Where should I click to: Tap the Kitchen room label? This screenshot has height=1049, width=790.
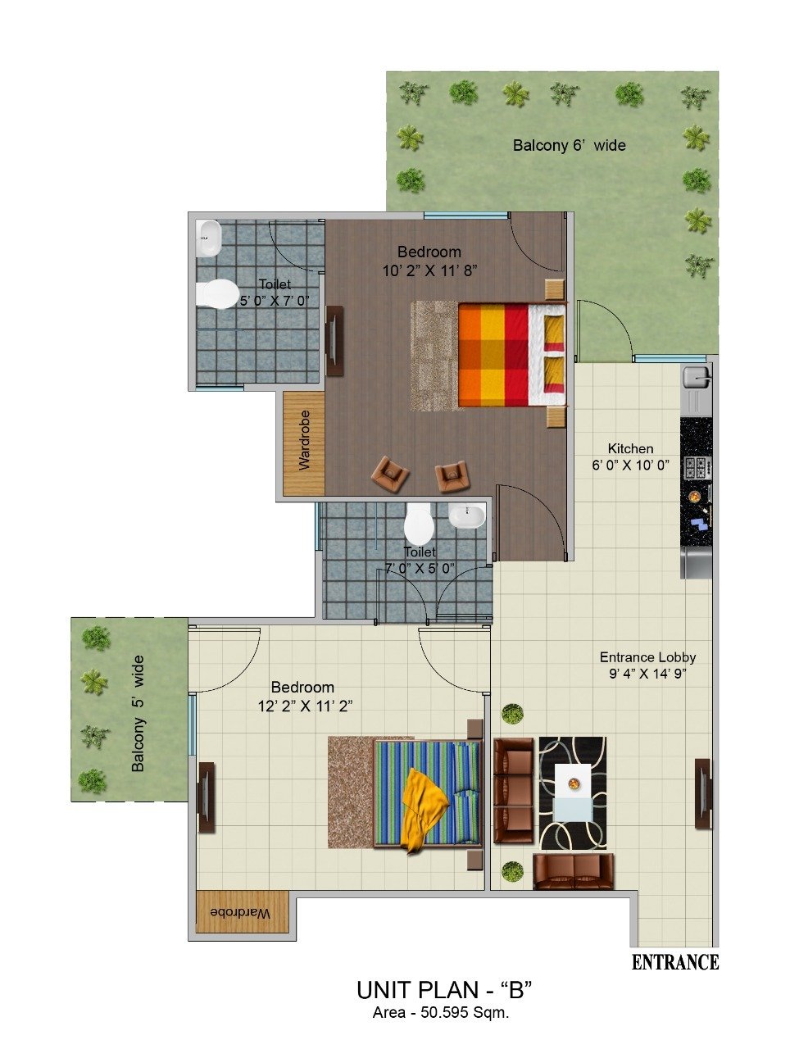pyautogui.click(x=630, y=448)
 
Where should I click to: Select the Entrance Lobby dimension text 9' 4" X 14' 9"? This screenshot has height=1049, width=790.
pyautogui.click(x=647, y=674)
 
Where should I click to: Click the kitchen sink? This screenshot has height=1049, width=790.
pyautogui.click(x=697, y=377)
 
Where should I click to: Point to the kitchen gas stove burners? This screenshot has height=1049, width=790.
pyautogui.click(x=697, y=468)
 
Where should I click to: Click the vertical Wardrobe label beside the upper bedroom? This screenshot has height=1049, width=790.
pyautogui.click(x=304, y=439)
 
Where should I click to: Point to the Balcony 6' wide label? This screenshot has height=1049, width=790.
pyautogui.click(x=569, y=145)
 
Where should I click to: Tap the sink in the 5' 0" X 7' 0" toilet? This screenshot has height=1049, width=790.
pyautogui.click(x=208, y=238)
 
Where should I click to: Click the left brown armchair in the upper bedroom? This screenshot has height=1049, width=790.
pyautogui.click(x=390, y=474)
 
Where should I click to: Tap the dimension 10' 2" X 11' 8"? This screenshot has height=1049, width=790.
pyautogui.click(x=429, y=271)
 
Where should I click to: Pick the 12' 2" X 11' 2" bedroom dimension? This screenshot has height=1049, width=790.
pyautogui.click(x=305, y=706)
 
